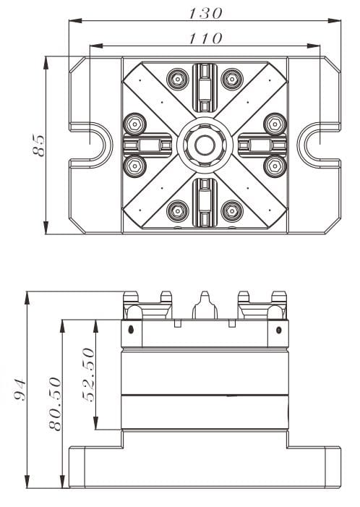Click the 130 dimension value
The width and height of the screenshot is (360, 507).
[205, 13]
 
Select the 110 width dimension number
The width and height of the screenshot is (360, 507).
[205, 38]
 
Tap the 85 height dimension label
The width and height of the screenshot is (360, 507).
[38, 145]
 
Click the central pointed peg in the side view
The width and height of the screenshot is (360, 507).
[205, 304]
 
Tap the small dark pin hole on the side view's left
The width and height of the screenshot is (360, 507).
[130, 330]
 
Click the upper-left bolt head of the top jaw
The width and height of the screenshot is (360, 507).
[177, 77]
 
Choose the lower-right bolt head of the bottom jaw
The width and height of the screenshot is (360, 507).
[231, 211]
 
